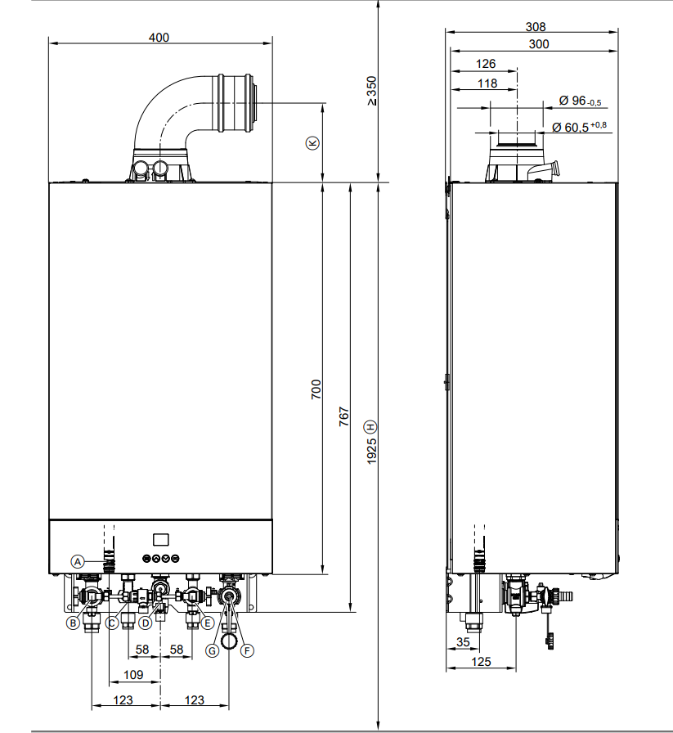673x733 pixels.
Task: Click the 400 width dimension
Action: click(159, 38)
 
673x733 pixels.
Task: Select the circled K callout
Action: click(312, 142)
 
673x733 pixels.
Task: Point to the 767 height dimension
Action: click(344, 417)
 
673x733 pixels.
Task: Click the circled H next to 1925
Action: click(371, 426)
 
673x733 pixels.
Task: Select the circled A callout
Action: click(78, 561)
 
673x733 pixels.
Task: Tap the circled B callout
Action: click(73, 623)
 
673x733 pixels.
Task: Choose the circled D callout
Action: click(146, 623)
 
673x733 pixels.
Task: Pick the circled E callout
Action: click(208, 623)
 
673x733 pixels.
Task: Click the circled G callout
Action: click(213, 650)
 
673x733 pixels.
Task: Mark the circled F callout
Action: click(248, 650)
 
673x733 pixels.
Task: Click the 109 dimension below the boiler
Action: click(132, 675)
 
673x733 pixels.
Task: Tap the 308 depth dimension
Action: click(536, 26)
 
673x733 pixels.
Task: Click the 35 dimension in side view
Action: click(463, 642)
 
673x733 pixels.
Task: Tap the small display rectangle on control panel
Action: click(160, 539)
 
